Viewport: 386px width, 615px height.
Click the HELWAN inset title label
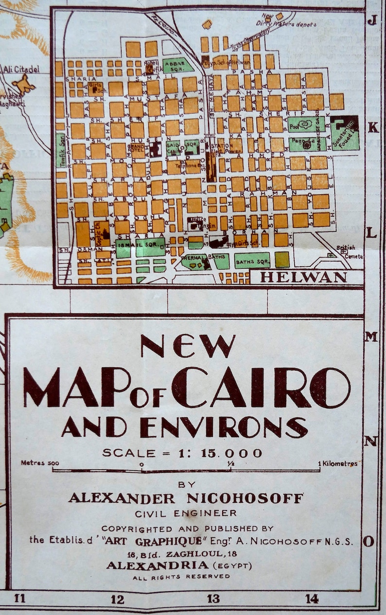click(x=303, y=277)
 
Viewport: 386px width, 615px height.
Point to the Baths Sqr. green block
click(x=252, y=260)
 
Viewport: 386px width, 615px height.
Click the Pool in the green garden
click(x=305, y=124)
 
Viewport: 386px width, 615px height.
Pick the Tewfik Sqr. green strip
click(x=60, y=151)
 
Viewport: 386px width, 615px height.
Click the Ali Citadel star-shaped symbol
click(x=24, y=84)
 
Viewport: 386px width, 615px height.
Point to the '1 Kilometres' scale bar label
click(x=338, y=463)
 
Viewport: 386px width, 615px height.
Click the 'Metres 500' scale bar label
click(x=40, y=463)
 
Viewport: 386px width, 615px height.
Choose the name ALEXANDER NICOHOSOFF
click(x=186, y=498)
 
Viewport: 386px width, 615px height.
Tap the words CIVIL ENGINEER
click(x=186, y=513)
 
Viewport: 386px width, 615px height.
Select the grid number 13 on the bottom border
click(x=213, y=599)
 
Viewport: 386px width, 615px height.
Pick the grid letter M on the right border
click(x=371, y=337)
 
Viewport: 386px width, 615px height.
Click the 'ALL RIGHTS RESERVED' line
click(x=181, y=577)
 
